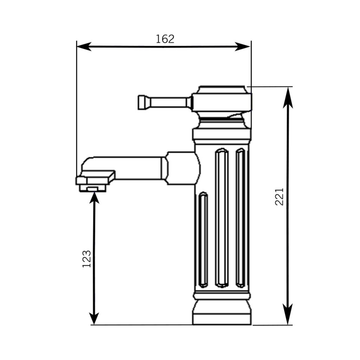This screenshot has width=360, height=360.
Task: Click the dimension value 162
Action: click(165, 39)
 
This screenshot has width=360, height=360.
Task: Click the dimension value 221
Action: click(279, 197)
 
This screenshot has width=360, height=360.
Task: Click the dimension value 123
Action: click(86, 259)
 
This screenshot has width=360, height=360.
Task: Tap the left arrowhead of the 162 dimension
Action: click(84, 47)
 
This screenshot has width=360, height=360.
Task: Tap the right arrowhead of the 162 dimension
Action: click(243, 47)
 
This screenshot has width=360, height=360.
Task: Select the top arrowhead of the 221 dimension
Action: click(288, 97)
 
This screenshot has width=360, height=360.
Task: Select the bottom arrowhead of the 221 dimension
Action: click(288, 314)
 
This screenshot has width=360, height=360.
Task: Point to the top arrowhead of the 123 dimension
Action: click(94, 198)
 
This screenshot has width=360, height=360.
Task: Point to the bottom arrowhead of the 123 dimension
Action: click(94, 319)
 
